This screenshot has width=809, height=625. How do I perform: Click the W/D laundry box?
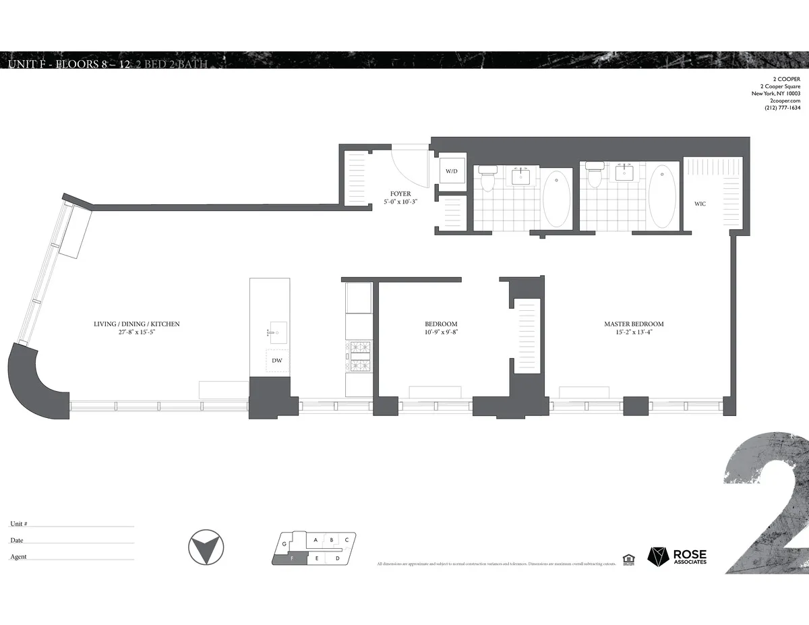pos(451,171)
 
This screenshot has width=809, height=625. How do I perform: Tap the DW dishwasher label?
pos(276,360)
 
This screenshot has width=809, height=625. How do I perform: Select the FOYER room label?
pos(400,194)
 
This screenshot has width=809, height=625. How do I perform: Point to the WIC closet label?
pos(700,204)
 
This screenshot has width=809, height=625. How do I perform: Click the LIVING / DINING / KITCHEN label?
pos(137,324)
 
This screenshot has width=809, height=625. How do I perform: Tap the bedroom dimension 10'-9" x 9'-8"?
pos(442,332)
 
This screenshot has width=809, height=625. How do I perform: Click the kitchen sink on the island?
pos(276,332)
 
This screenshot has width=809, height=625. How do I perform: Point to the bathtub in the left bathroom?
pos(556,198)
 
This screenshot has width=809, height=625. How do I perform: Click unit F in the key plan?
pos(291,558)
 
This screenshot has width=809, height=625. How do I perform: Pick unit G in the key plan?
pos(285,543)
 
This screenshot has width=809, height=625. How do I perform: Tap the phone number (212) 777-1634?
pos(782,108)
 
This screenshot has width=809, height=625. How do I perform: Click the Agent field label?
pos(19,557)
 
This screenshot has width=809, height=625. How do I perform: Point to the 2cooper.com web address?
pos(785,100)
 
